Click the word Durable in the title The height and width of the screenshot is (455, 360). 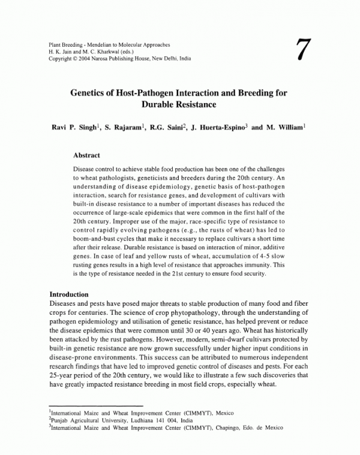(157, 104)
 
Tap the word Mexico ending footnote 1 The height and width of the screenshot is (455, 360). (226, 414)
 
